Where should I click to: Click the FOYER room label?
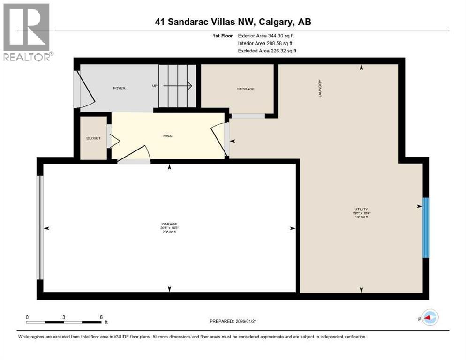point(119,88)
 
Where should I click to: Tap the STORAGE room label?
point(245,89)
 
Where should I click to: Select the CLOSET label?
point(93,138)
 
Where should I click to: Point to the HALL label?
point(167,136)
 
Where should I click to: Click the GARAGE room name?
point(170,224)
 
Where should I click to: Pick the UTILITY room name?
point(361,209)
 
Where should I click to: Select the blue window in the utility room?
point(426,228)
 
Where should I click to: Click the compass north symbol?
point(429,318)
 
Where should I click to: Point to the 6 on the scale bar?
point(101,317)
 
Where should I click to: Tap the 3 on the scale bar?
point(63,317)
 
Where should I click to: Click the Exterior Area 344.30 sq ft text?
point(267,36)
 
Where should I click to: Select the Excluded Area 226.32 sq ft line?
point(267,51)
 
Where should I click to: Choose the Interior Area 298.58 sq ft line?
point(266,43)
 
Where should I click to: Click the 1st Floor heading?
point(222,36)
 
